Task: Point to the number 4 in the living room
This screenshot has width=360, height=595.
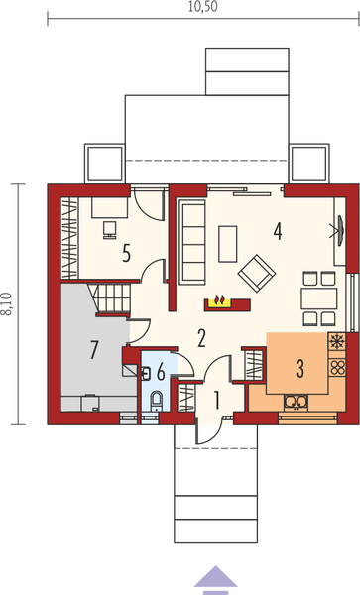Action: pos(279,231)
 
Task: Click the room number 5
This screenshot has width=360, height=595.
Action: pos(127,252)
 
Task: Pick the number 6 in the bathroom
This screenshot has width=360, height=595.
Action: pos(160,373)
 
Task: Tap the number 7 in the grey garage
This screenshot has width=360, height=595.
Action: pos(95,348)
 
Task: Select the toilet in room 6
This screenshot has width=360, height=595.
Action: pos(157,400)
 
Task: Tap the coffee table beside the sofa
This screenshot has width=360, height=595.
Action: pos(228,240)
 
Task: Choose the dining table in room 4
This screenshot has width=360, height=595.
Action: pos(318,296)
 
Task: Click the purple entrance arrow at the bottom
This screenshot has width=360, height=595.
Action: pos(211,575)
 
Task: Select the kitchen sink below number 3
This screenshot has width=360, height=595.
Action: pos(295,401)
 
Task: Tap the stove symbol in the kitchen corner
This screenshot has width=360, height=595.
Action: pos(335,344)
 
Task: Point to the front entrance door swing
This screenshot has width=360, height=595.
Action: pos(209,431)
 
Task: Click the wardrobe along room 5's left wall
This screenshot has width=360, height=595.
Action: pos(69,236)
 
